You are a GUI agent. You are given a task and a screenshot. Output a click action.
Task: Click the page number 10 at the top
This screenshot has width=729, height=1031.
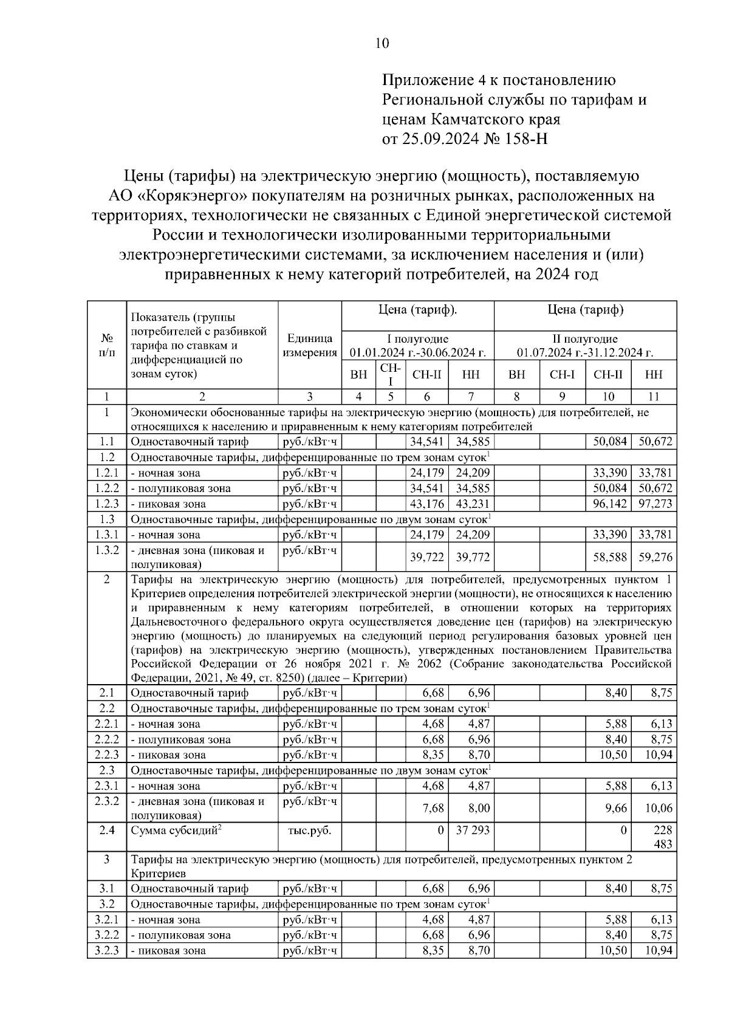[x=382, y=43]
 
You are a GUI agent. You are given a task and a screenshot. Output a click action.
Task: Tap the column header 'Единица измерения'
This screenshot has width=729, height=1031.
[x=310, y=345]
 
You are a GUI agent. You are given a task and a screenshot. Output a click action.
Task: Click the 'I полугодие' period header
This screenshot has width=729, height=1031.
[x=418, y=338]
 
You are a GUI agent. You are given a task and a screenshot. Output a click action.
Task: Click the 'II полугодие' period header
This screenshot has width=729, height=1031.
[x=585, y=338]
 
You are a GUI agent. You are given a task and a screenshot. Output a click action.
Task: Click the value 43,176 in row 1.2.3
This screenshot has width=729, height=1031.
[x=427, y=504]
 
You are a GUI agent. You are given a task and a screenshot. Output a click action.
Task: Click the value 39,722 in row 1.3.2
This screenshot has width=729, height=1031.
[x=427, y=557]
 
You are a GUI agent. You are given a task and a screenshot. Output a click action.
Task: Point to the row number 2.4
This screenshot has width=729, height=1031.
[x=107, y=830]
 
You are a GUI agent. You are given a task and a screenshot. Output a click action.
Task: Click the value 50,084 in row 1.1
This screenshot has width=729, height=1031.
[x=609, y=442]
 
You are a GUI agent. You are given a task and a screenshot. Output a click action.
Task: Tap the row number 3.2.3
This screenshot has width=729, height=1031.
[x=107, y=950]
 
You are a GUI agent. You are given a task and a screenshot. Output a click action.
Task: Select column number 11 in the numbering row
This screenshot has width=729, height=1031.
[x=654, y=397]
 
